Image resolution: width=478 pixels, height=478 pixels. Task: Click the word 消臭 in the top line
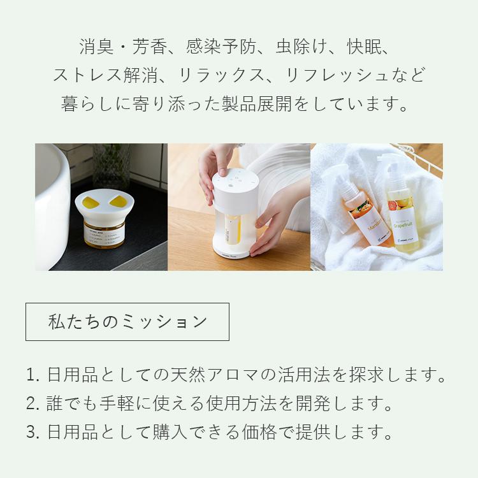tap(94, 47)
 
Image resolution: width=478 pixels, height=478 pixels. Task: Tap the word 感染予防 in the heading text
tap(221, 47)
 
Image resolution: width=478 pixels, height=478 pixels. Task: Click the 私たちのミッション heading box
tap(127, 322)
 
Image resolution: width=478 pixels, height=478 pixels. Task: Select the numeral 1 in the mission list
tap(31, 375)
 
